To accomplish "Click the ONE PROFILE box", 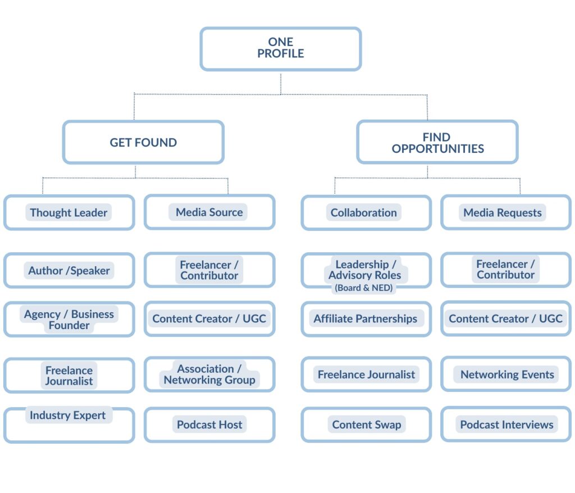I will coord(280,49).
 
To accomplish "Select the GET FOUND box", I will coord(143,142).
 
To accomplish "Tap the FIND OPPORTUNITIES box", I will coord(437,142).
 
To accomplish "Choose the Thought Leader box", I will coord(69,212).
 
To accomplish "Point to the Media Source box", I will coord(209,212).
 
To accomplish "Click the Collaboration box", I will coord(366,212).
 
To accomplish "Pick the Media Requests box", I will coord(505,212).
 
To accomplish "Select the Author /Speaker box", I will coord(69,270).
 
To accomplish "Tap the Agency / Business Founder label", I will coord(69,319).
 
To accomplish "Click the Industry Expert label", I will coord(68,416).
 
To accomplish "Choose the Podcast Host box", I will coord(209,424).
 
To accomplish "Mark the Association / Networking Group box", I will coord(209,375).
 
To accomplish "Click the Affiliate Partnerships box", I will coord(366,319).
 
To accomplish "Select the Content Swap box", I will coord(366,424).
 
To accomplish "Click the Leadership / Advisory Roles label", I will coord(365,270).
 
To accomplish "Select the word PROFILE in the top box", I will coord(281,54).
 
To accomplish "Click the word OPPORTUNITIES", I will coord(438,149).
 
